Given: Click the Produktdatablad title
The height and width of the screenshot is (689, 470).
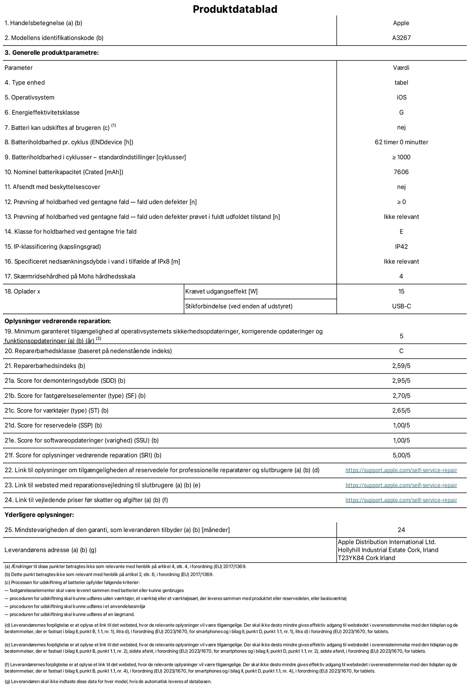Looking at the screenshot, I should pos(235,9).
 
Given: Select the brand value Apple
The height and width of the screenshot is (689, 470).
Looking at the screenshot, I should pos(401,23).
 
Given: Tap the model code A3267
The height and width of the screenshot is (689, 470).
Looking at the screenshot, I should pos(401,38).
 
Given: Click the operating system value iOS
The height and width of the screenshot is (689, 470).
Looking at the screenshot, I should pos(401,97).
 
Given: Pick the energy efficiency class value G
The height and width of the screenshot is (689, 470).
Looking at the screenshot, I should pos(401,113).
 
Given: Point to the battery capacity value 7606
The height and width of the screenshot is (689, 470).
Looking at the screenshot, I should pos(401,172).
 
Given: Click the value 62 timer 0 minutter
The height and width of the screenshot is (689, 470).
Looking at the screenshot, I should pos(401,142).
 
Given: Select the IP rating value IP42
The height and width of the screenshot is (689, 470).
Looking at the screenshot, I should pos(401,247).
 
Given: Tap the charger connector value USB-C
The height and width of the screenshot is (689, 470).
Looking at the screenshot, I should pos(401,306).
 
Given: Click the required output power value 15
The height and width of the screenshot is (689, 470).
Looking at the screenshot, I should pos(401,291).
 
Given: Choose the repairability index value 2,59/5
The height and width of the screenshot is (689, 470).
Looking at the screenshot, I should pos(401,366).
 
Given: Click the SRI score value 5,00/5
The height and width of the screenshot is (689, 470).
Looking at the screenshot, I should pos(401,455).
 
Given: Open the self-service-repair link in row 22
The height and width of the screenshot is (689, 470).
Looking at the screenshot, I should pos(401,471).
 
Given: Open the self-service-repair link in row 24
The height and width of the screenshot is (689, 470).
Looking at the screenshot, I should pos(401,500).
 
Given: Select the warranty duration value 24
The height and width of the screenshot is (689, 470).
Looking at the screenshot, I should pos(401,530).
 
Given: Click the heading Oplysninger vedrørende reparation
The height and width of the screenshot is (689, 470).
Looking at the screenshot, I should pos(58,321).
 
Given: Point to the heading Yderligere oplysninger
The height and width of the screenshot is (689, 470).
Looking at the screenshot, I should pos(39,515).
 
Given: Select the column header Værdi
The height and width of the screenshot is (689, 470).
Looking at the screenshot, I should pos(401,68).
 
